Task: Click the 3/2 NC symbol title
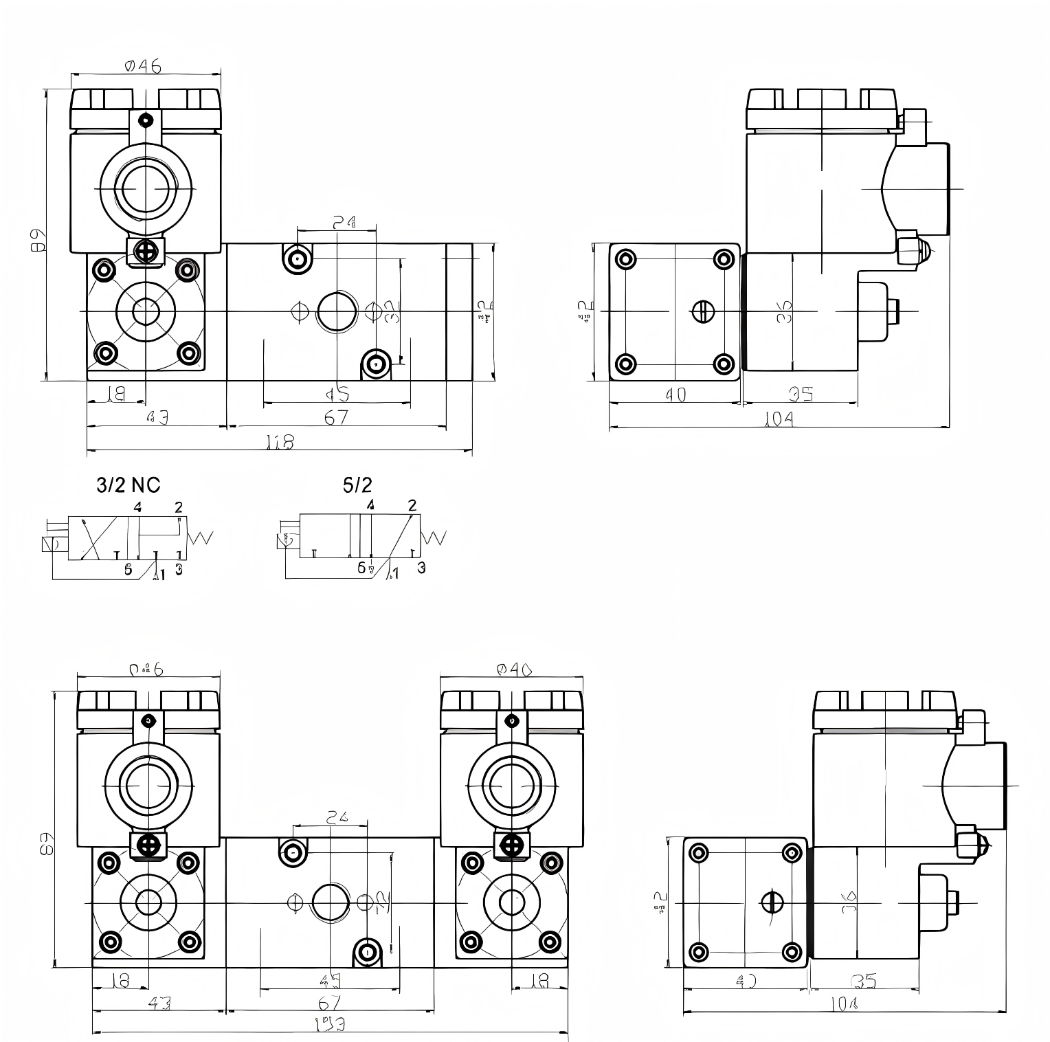[x=129, y=485]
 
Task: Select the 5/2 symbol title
[x=357, y=485]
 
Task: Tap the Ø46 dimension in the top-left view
[x=143, y=66]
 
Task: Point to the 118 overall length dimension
[x=280, y=443]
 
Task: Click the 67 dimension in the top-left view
[x=336, y=417]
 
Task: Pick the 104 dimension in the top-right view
[x=779, y=419]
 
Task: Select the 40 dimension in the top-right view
[x=675, y=395]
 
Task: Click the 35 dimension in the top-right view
[x=801, y=394]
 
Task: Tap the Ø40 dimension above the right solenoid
[x=513, y=669]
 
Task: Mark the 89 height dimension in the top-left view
[x=38, y=240]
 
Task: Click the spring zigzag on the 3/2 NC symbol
[x=201, y=537]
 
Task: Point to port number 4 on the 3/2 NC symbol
[x=137, y=507]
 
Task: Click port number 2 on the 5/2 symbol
[x=412, y=505]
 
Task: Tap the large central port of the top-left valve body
[x=337, y=311]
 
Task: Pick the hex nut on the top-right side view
[x=910, y=248]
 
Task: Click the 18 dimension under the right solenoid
[x=540, y=981]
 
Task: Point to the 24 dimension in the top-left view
[x=344, y=222]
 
